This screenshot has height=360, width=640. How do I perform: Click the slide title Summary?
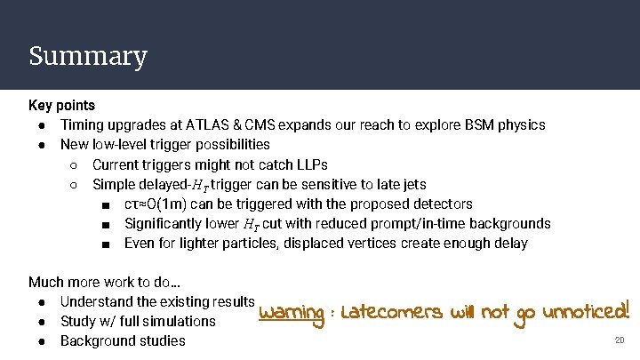click(x=87, y=56)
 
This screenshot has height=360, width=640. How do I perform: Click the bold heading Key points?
click(x=61, y=106)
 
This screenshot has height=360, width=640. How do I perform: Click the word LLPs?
click(x=309, y=164)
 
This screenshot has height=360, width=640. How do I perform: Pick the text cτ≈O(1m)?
click(x=161, y=204)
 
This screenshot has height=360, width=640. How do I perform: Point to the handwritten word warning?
click(x=291, y=313)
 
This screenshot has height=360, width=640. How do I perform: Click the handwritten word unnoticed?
click(x=586, y=311)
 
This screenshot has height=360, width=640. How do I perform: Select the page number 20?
click(x=620, y=340)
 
